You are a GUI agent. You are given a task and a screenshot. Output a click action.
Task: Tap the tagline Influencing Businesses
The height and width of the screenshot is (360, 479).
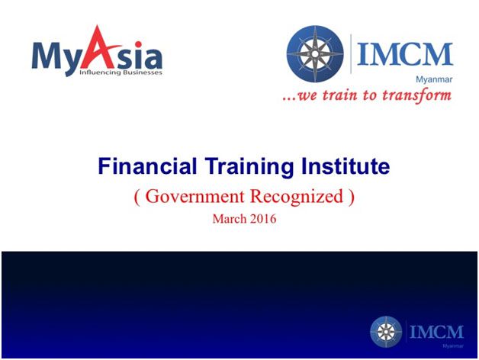(x=121, y=72)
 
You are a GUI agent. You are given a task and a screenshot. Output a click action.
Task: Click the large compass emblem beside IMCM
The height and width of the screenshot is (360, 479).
(x=315, y=54)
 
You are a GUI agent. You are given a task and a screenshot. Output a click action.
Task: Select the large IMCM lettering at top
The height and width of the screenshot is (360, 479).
(x=405, y=54)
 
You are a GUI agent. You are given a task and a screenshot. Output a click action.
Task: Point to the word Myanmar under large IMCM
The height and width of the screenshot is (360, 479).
(x=434, y=79)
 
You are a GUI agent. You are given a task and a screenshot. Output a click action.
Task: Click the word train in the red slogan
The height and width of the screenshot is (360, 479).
(x=340, y=95)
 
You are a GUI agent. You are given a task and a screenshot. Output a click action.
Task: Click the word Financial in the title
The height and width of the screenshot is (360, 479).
(x=147, y=166)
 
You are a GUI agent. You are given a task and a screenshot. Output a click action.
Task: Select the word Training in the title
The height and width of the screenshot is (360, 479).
(x=249, y=167)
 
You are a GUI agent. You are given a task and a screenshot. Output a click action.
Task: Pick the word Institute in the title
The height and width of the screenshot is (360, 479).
(x=346, y=166)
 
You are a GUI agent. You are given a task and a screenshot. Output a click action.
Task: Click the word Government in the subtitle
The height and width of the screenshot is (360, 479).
(x=195, y=196)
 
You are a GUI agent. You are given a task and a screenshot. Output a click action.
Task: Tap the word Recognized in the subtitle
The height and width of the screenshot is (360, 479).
(x=296, y=197)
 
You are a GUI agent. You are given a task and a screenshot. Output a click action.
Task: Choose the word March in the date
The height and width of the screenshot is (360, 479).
(x=230, y=219)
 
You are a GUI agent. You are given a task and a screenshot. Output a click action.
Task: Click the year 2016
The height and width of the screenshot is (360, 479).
(x=263, y=219)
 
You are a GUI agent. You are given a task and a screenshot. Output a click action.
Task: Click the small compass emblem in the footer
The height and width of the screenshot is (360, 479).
(x=386, y=332)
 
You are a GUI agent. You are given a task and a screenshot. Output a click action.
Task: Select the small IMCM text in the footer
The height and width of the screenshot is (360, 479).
(x=436, y=332)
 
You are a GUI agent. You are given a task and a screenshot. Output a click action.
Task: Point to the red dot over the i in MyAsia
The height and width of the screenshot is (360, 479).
(x=138, y=44)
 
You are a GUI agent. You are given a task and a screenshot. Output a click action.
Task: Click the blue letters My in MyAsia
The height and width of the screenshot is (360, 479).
(x=56, y=58)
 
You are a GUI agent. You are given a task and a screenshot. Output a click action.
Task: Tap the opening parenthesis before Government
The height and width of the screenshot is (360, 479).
(x=137, y=197)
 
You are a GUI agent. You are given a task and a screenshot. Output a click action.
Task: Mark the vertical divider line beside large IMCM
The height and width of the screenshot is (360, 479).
(x=351, y=54)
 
